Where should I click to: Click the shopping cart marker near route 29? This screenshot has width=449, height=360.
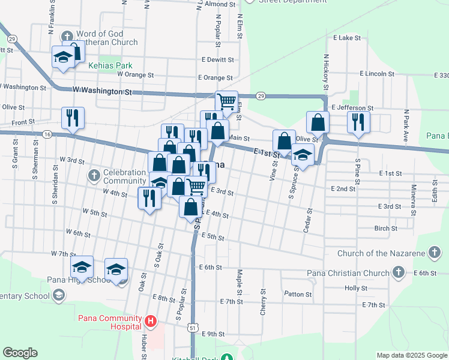pyautogui.click(x=227, y=101)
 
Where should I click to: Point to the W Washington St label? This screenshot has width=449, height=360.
pyautogui.click(x=101, y=91)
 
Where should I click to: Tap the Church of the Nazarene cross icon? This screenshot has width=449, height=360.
pyautogui.click(x=435, y=253)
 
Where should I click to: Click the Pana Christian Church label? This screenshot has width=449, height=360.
pyautogui.click(x=348, y=274)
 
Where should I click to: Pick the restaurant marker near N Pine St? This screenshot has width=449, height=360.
pyautogui.click(x=358, y=122)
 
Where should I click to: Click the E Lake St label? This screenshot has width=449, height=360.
pyautogui.click(x=347, y=38)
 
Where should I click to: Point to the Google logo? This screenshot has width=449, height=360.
pyautogui.click(x=20, y=353)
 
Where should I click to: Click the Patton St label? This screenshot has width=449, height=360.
pyautogui.click(x=298, y=294)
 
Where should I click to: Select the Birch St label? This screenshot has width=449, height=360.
pyautogui.click(x=385, y=229)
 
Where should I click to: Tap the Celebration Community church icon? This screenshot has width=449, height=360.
pyautogui.click(x=93, y=175)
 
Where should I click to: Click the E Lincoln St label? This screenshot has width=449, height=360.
pyautogui.click(x=377, y=74)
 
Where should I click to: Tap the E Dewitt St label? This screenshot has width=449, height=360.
pyautogui.click(x=217, y=60)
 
